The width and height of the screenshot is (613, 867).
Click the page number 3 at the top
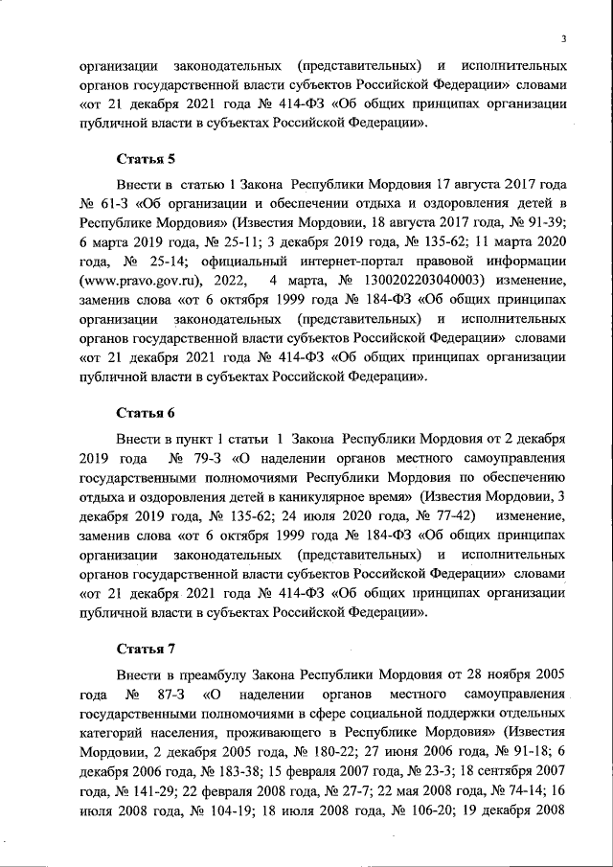coord(565,37)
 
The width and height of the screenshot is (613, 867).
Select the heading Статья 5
coord(145,158)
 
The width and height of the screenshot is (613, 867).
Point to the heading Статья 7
coord(145,648)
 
